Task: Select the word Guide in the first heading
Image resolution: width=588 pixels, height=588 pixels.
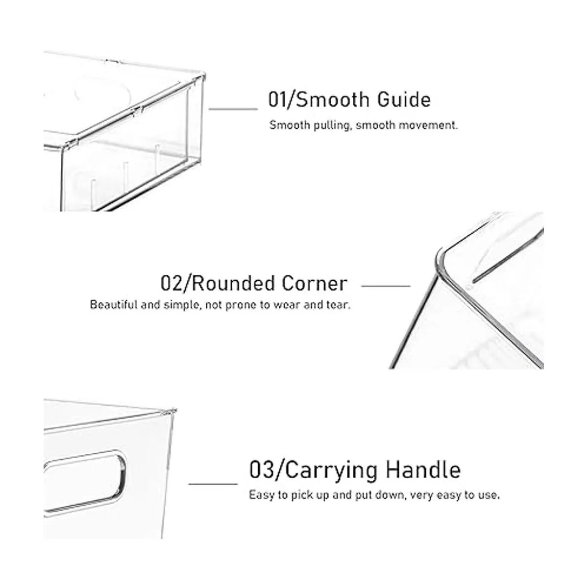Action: click(x=404, y=99)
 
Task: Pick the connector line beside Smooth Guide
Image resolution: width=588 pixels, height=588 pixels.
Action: click(x=233, y=109)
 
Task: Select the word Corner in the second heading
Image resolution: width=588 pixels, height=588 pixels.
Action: click(x=315, y=284)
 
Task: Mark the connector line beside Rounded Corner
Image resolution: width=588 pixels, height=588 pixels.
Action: click(x=386, y=286)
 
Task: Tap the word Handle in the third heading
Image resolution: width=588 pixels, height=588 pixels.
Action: click(x=423, y=470)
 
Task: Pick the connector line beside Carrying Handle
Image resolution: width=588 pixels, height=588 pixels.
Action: click(x=213, y=484)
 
